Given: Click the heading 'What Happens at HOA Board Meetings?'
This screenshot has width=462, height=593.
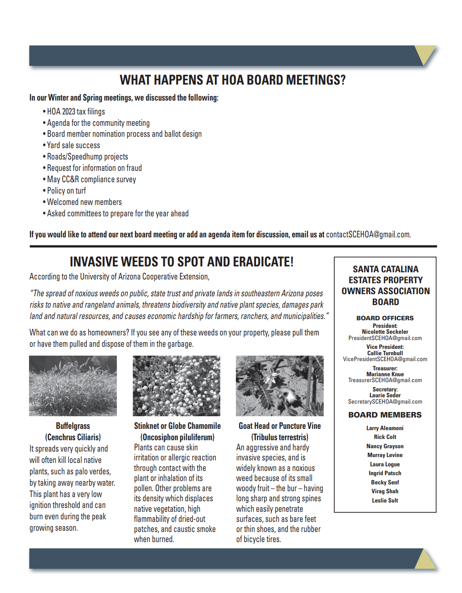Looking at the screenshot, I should click(x=232, y=80).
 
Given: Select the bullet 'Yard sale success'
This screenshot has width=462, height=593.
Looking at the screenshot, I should click(x=74, y=145).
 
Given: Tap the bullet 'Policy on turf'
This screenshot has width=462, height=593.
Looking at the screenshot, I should click(x=66, y=191).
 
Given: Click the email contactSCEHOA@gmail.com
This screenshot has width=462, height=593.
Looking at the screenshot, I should click(x=368, y=234).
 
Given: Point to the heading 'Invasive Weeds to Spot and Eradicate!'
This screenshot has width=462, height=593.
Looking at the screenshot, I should click(x=182, y=262).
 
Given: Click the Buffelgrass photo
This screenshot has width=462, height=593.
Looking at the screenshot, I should click(x=73, y=386).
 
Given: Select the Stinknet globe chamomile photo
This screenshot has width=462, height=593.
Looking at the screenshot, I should click(x=177, y=386).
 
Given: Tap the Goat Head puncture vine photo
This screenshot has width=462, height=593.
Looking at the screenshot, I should click(x=280, y=386).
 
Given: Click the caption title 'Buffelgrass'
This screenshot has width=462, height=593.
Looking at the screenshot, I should click(x=73, y=426).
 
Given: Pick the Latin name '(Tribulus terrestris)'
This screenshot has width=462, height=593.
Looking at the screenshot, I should click(x=280, y=437).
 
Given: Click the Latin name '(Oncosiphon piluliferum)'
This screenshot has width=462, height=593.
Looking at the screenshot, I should click(x=177, y=437).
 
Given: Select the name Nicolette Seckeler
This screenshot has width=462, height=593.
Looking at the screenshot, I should click(x=385, y=332).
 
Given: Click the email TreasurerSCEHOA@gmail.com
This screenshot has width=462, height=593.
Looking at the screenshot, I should click(x=385, y=380).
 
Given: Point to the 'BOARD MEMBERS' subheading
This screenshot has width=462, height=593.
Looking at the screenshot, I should click(x=385, y=415).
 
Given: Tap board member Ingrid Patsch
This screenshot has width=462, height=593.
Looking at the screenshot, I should click(x=385, y=473).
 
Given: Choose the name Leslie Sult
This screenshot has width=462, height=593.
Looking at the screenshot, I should click(x=385, y=500).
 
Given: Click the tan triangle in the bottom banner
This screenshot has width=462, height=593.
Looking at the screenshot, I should click(x=425, y=561).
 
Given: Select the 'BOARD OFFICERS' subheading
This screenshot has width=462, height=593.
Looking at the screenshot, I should click(x=385, y=318).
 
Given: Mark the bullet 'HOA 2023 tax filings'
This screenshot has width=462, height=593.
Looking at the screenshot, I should click(x=76, y=112).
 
